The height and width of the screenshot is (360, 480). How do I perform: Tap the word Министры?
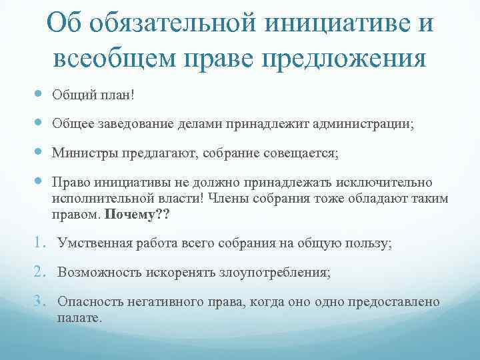coord(85,153)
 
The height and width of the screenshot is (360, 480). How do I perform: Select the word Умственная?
coord(94,244)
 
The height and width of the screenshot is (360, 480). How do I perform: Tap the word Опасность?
coord(88,302)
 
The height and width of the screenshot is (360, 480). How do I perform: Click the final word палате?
coord(79,318)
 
